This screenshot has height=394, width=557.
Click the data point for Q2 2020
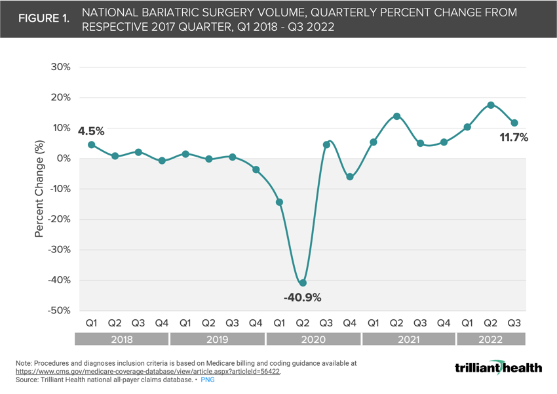303,283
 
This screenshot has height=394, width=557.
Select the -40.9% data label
302,298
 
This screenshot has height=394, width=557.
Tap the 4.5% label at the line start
91,131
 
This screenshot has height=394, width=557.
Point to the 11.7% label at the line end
514,138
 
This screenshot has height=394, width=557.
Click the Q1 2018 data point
92,145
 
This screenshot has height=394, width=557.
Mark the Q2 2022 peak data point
491,105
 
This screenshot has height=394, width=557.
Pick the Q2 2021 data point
396,117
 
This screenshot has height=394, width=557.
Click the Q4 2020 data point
350,177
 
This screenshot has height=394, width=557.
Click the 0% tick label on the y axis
64,159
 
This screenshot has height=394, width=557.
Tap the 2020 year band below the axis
314,339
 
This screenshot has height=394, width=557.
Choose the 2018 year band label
122,339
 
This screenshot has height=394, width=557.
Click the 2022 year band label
491,339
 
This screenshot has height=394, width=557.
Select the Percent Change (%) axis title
39,189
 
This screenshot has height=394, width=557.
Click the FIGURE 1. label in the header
43,19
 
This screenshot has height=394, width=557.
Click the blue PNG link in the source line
208,380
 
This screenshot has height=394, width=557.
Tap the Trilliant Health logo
498,367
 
